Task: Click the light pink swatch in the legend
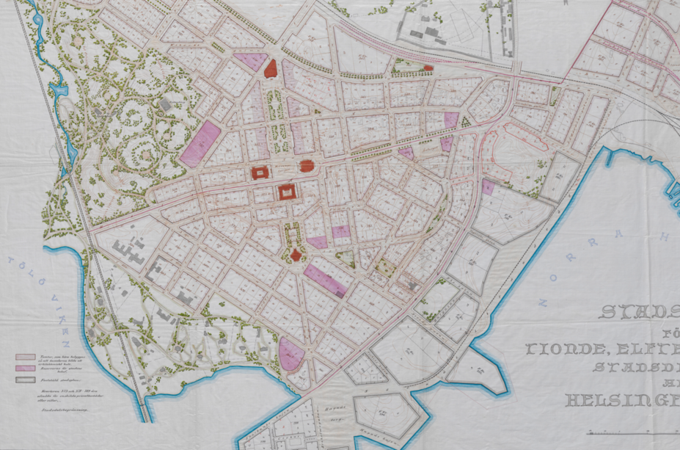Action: pos(25,357)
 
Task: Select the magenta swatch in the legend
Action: pos(25,368)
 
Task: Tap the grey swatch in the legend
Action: pos(25,380)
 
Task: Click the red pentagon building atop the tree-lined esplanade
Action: pos(270,69)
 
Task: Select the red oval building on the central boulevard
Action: pos(307,165)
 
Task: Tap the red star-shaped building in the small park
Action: pos(296,255)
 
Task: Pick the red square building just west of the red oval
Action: pos(260,173)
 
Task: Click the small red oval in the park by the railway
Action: pos(428,68)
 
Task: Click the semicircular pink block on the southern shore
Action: pos(291,355)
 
